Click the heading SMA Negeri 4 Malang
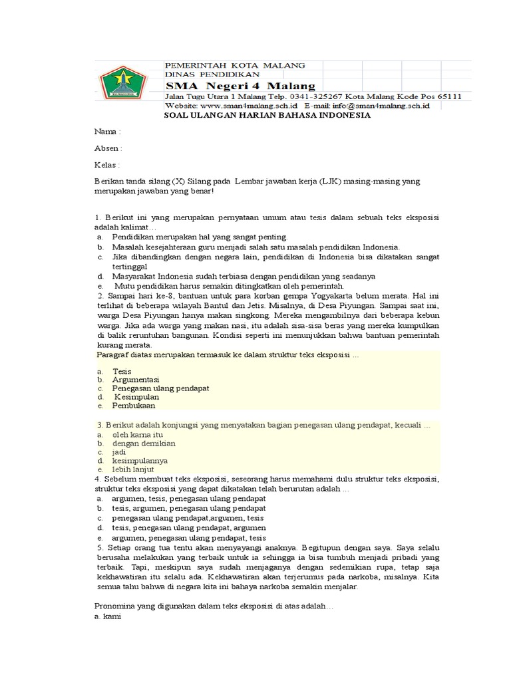coord(240,86)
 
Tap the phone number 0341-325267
coord(310,96)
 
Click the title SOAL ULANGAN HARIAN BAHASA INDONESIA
coord(267,115)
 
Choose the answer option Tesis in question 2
coord(122,371)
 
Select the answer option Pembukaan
coord(133,405)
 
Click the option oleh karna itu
coord(137,434)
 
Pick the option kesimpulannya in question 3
coord(140,460)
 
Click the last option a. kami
coord(108,616)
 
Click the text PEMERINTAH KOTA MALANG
coord(235,65)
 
